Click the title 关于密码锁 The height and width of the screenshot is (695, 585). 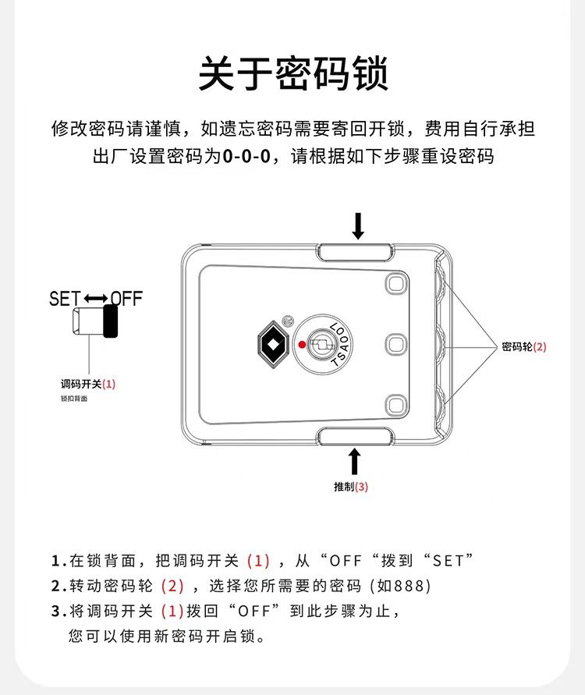click(293, 73)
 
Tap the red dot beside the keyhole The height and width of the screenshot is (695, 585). click(302, 345)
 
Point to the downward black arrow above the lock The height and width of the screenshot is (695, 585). click(358, 226)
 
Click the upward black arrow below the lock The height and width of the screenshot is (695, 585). click(354, 462)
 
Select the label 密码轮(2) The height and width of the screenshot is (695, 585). click(524, 346)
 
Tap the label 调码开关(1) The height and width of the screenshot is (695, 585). click(88, 384)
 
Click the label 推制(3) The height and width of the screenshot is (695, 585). click(351, 487)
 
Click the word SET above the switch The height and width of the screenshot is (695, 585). click(66, 299)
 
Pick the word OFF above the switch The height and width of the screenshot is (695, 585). click(126, 299)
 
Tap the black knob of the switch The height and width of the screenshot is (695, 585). click(110, 321)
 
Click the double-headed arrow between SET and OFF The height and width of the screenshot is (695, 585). click(96, 299)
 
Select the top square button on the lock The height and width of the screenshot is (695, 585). click(396, 283)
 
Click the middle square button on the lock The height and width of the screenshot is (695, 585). click(396, 344)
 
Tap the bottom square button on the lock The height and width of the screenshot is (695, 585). click(396, 406)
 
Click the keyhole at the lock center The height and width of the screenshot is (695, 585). click(321, 344)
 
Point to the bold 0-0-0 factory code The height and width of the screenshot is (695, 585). click(246, 156)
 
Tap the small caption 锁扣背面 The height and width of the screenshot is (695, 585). click(74, 399)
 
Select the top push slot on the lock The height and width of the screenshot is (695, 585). click(356, 252)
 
